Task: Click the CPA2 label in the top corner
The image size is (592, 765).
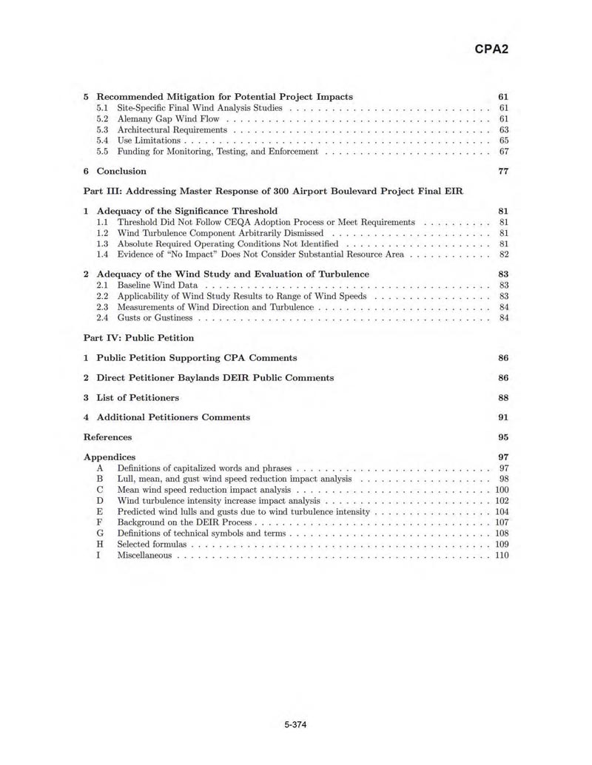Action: click(491, 49)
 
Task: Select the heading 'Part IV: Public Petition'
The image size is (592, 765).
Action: click(139, 338)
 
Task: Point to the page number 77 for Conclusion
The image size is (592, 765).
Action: click(503, 171)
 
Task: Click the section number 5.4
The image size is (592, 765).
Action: click(103, 141)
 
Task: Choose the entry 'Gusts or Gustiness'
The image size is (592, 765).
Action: click(155, 318)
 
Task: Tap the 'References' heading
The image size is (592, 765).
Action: click(108, 437)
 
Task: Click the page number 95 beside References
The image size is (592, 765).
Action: click(503, 437)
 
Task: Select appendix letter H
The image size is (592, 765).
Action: click(98, 544)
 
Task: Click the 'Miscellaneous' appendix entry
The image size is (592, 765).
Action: click(144, 555)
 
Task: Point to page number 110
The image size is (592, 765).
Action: click(502, 555)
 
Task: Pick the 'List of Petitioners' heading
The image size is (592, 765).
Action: click(138, 397)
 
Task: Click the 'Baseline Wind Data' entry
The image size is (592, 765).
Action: click(158, 286)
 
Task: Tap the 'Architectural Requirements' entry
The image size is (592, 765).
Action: click(172, 129)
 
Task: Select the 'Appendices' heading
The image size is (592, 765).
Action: click(110, 457)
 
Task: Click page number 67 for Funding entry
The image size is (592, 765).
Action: click(504, 152)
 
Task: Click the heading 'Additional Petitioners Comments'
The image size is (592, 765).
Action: click(173, 417)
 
